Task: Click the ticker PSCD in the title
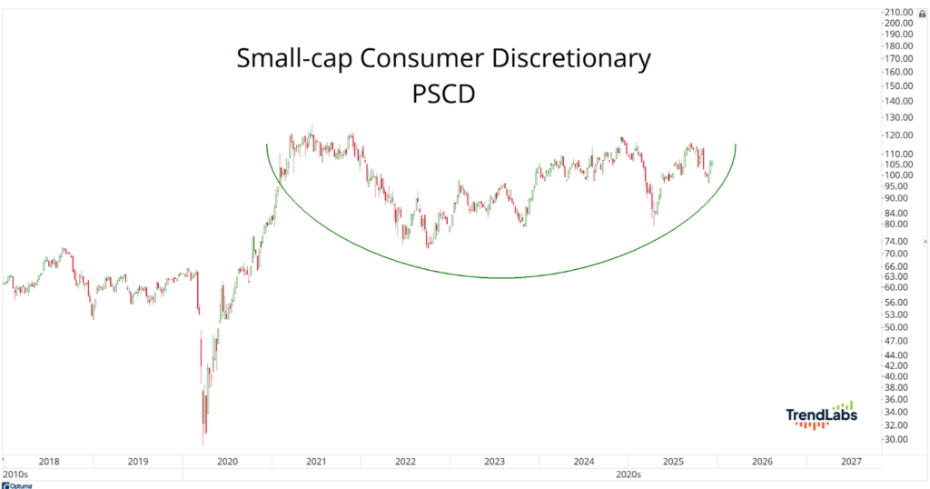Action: pyautogui.click(x=444, y=94)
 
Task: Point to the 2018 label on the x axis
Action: pyautogui.click(x=49, y=462)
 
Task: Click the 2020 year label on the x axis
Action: pyautogui.click(x=227, y=462)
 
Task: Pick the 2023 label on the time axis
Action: pyautogui.click(x=494, y=462)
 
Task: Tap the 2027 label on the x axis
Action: pyautogui.click(x=850, y=462)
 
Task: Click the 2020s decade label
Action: pyautogui.click(x=628, y=474)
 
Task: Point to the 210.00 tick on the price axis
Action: pyautogui.click(x=898, y=12)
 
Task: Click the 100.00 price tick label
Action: pyautogui.click(x=898, y=175)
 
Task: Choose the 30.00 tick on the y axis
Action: pyautogui.click(x=898, y=439)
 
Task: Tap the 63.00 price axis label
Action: pyautogui.click(x=898, y=276)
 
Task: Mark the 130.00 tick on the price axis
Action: pyautogui.click(x=898, y=117)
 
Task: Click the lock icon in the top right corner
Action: pyautogui.click(x=923, y=13)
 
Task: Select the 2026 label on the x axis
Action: pyautogui.click(x=761, y=462)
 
